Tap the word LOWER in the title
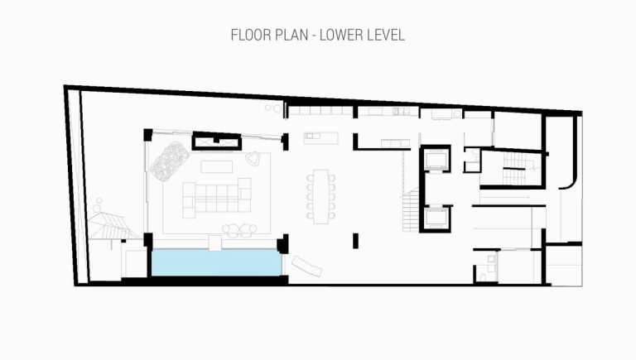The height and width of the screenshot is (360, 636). click(340, 35)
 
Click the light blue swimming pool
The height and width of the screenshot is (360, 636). click(217, 262)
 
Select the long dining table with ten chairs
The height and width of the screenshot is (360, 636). click(320, 197)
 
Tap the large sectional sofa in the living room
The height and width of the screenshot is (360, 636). click(217, 198)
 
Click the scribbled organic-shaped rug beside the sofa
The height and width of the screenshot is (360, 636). click(169, 161)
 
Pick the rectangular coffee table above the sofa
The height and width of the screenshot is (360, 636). click(217, 166)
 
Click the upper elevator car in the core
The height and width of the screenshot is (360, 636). click(436, 160)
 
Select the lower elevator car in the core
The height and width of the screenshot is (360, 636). click(436, 218)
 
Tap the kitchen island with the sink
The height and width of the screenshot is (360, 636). click(320, 138)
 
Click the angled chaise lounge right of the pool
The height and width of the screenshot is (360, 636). click(306, 266)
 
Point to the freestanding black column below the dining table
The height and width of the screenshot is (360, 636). click(356, 241)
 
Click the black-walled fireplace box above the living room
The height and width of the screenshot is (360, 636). click(217, 142)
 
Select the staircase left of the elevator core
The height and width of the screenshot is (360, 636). click(411, 210)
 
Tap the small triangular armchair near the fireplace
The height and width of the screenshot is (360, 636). click(253, 159)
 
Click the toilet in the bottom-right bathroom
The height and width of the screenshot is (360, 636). click(483, 277)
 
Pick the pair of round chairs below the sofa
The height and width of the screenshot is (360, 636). click(239, 230)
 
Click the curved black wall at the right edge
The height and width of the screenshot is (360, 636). click(574, 162)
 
